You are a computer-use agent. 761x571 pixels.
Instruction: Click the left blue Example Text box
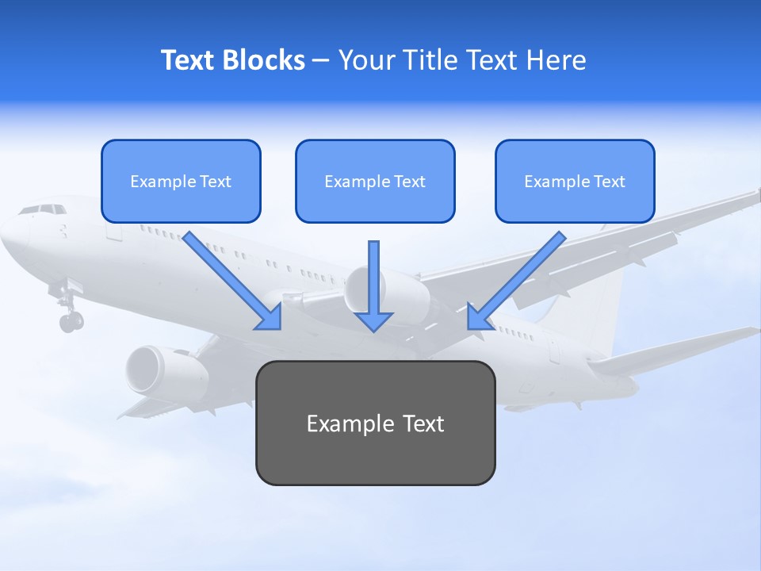(x=181, y=181)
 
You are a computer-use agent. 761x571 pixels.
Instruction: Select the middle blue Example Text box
(x=375, y=181)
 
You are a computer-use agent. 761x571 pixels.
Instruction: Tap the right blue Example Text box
(x=575, y=181)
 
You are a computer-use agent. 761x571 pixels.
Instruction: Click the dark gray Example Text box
(x=375, y=423)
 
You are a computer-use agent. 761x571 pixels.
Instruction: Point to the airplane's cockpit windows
(x=43, y=209)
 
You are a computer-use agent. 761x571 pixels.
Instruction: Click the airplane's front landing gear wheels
(x=71, y=320)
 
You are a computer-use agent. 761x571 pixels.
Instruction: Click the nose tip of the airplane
(x=5, y=233)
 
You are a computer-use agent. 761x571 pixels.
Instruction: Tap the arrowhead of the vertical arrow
(x=374, y=320)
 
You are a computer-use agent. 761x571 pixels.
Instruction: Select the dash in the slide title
(x=322, y=60)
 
